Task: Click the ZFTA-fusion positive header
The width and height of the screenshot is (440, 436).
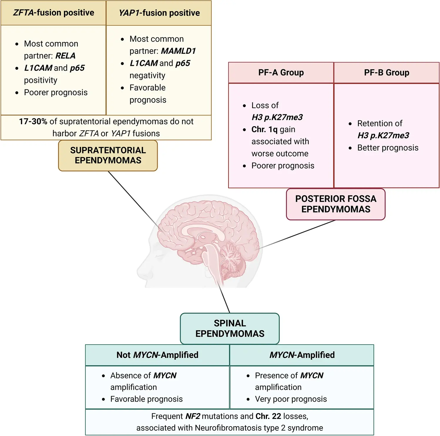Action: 53,13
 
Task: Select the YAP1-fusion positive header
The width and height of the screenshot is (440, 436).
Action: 159,13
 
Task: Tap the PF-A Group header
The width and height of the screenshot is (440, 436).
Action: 281,73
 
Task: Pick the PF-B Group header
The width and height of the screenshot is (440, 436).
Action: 387,73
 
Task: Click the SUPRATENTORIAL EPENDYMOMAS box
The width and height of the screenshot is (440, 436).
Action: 108,155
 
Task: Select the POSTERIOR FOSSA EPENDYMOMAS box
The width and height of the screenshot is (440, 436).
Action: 336,204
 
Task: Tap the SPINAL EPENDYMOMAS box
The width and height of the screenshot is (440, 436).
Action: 230,328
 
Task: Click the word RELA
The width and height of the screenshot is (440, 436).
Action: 66,56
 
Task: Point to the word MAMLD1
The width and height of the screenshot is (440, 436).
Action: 178,51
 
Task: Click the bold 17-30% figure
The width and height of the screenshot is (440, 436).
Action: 33,121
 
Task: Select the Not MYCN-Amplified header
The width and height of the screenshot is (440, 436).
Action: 157,355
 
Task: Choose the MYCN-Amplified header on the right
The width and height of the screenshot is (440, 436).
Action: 302,355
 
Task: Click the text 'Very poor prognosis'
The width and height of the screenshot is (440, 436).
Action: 291,399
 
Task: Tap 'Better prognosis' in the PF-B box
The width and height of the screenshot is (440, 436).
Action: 388,147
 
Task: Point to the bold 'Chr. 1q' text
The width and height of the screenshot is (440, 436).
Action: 264,129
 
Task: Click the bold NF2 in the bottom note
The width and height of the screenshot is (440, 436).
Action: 193,416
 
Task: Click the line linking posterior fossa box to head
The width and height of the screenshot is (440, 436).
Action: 297,234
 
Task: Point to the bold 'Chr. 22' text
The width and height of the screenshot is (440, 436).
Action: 268,416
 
